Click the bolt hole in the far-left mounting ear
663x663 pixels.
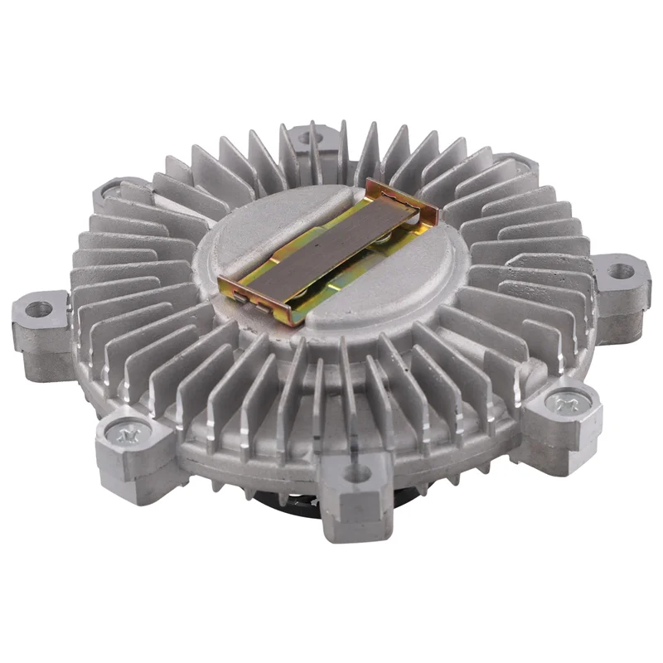point(38,309)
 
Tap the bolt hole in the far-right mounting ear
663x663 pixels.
point(620,271)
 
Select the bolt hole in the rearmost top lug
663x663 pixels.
point(307,138)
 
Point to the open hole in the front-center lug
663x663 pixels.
point(357,474)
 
